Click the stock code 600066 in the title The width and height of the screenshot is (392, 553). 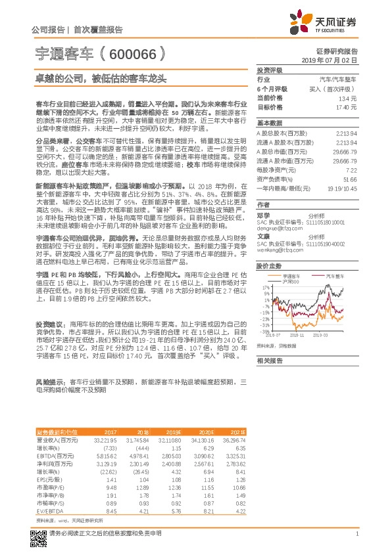[x=132, y=51]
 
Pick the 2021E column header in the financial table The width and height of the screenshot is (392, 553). [x=238, y=431]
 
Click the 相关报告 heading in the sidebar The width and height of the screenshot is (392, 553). [x=270, y=361]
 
